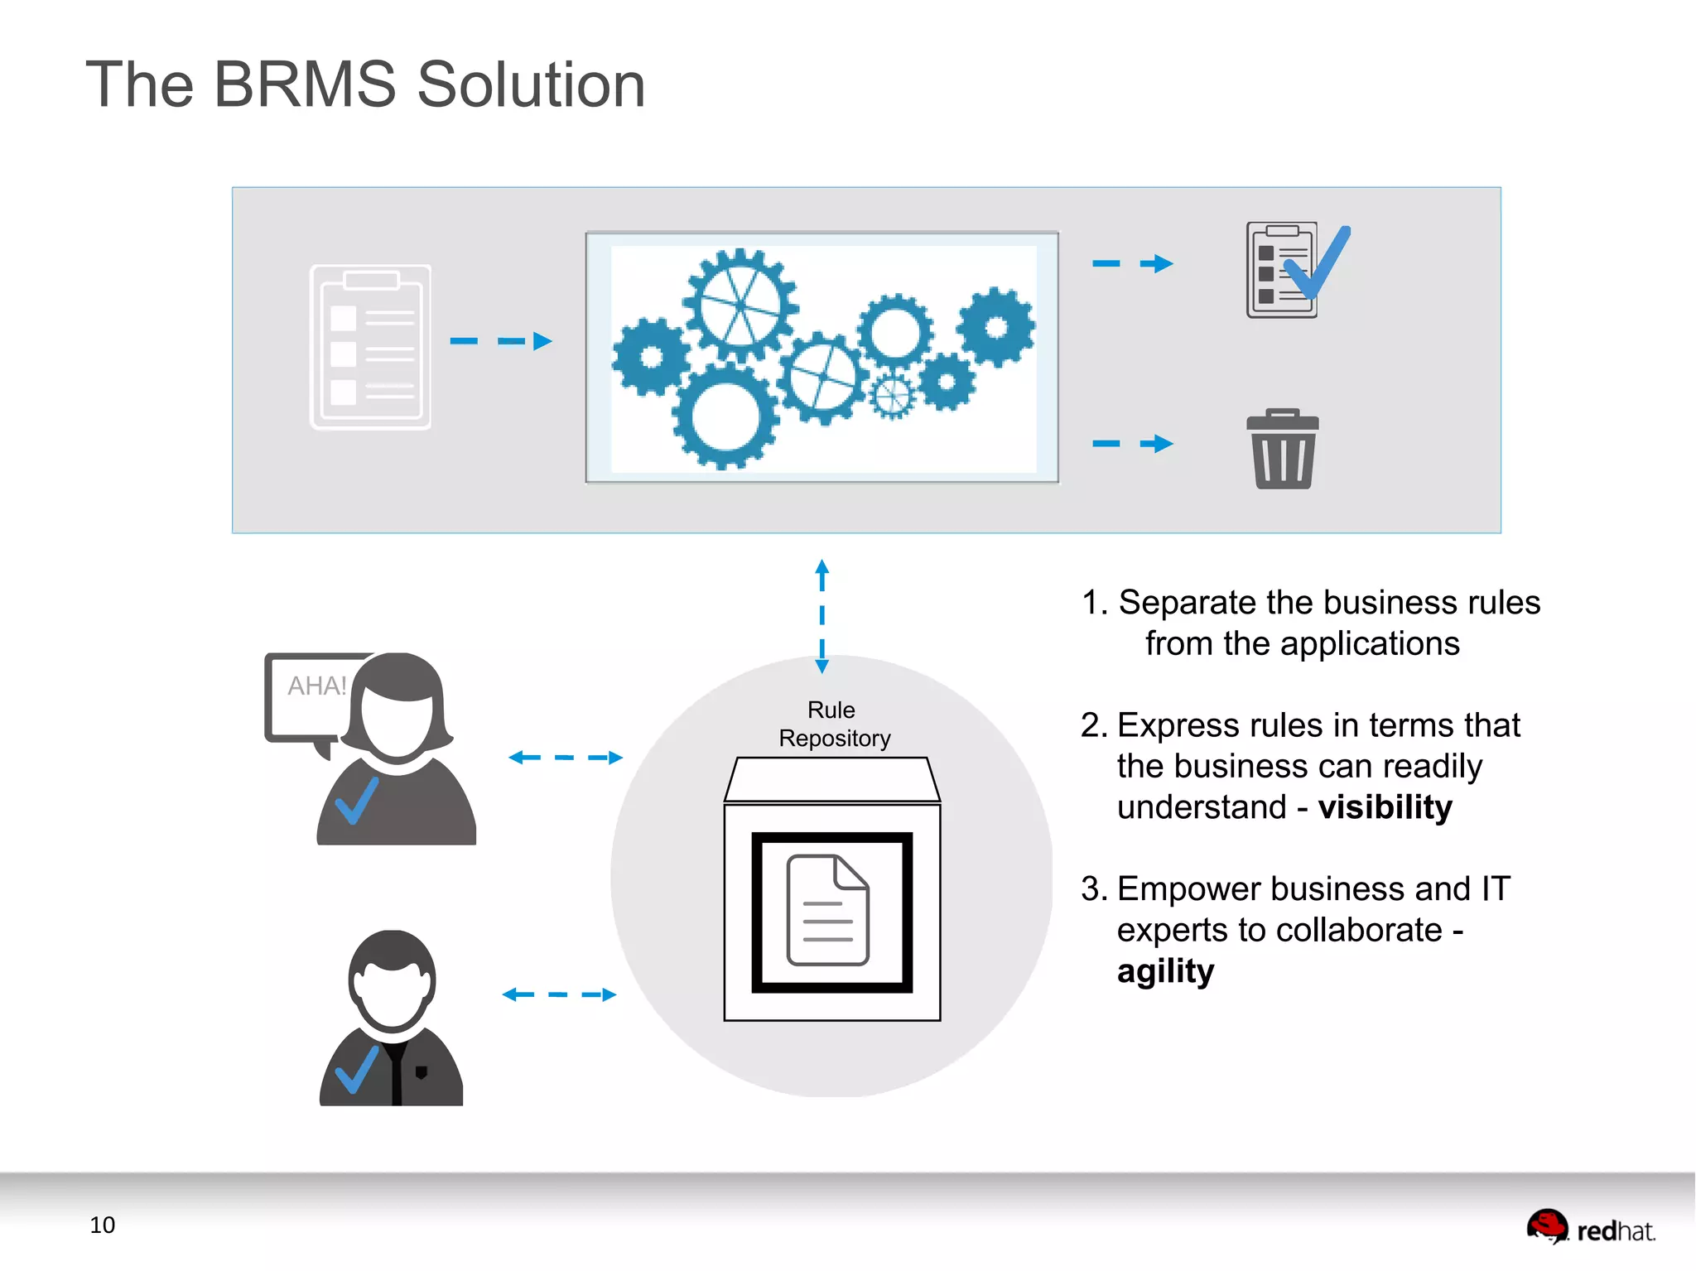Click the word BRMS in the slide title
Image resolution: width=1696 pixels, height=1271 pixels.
[305, 84]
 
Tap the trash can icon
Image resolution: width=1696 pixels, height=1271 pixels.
[1282, 450]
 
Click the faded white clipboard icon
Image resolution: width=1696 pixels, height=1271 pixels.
[370, 347]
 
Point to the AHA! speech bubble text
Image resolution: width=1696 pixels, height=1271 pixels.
[316, 686]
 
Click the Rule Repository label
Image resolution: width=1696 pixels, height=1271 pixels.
[833, 724]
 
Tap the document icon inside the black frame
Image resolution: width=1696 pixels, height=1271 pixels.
[827, 910]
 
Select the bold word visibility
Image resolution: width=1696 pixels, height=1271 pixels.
[1385, 807]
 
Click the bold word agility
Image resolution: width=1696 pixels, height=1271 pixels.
[1165, 971]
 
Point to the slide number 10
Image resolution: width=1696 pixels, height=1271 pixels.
[102, 1225]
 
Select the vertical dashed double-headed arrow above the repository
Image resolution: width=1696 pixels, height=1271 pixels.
[821, 616]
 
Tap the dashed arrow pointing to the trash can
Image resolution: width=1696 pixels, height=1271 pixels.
[1132, 444]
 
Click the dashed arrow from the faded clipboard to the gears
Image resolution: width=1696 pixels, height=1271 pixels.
[500, 341]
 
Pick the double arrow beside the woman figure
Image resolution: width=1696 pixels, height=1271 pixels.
[565, 758]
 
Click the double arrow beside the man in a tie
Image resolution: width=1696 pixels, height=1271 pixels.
[559, 994]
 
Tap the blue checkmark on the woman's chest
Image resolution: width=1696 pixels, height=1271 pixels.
[356, 801]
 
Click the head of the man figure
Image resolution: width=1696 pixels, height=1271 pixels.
[392, 980]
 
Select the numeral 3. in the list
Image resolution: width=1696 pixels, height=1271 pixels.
[1093, 889]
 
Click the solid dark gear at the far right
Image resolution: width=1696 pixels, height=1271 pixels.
[997, 327]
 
